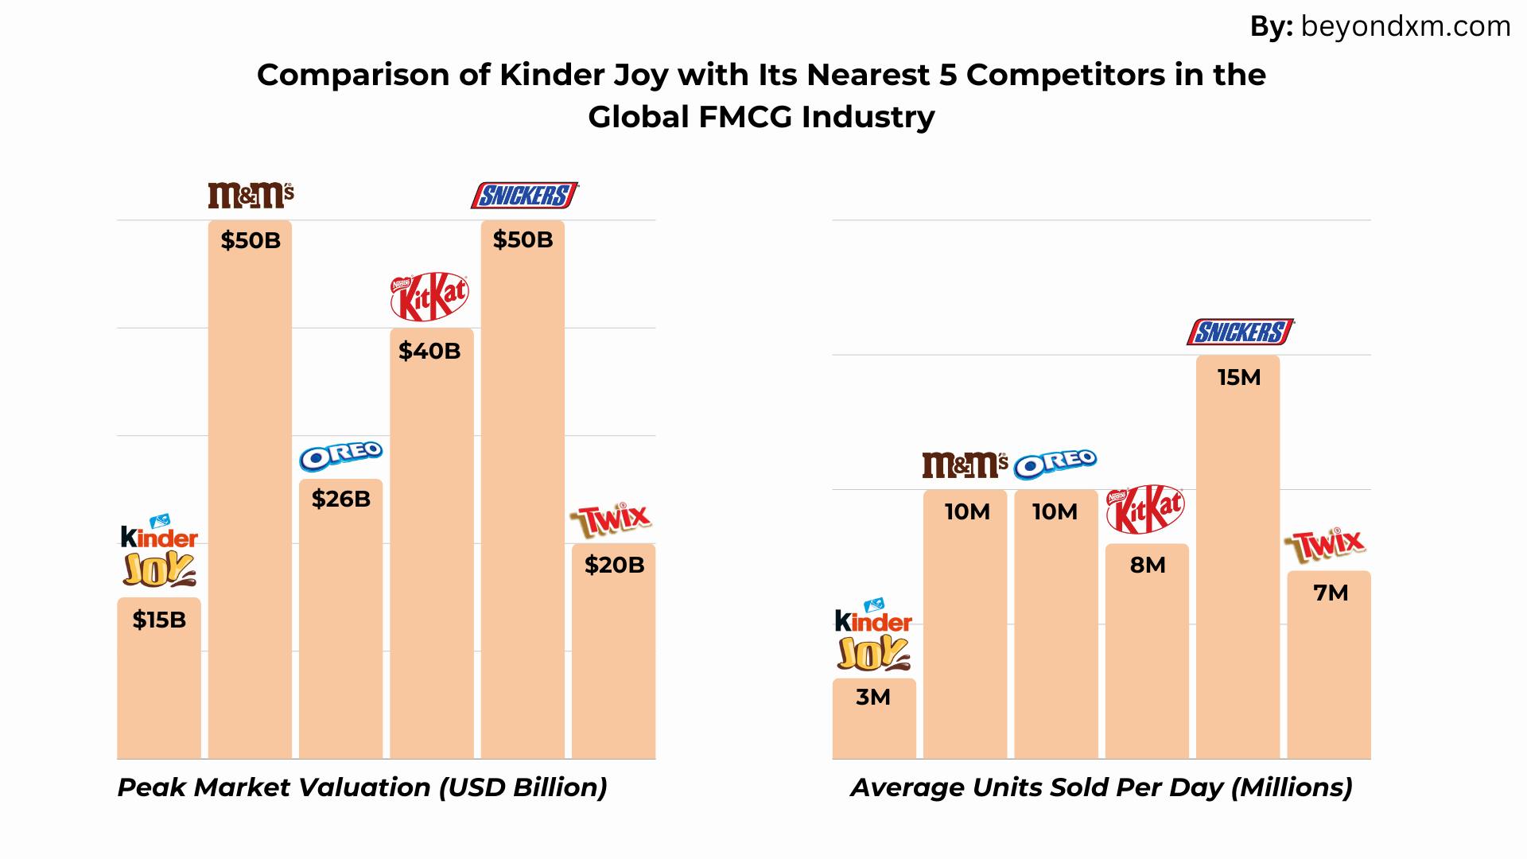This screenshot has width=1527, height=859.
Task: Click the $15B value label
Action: (159, 620)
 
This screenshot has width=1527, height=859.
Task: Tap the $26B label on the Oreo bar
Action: (341, 499)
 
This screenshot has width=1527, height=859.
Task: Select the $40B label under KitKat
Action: (429, 351)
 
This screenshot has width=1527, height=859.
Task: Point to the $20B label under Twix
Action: (614, 565)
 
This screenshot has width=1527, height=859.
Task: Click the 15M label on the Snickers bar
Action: (1239, 377)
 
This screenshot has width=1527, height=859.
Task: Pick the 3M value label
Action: (873, 697)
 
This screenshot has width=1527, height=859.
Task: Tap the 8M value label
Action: (1148, 565)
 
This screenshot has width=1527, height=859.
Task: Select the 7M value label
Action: (1331, 593)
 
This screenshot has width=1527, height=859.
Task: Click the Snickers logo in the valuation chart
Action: (524, 195)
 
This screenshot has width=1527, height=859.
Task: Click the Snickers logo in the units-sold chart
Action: (1240, 332)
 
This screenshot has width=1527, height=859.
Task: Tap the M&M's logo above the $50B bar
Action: (251, 195)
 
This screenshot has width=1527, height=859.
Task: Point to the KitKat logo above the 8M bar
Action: (1145, 510)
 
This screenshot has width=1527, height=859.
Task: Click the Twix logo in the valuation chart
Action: (611, 521)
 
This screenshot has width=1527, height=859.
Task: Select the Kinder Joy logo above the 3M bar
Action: (873, 634)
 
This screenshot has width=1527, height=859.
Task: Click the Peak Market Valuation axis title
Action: (363, 787)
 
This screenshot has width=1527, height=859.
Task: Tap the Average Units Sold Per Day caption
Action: (1102, 787)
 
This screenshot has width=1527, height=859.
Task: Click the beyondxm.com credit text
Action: (1405, 27)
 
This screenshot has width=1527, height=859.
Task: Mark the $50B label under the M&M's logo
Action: (251, 240)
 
